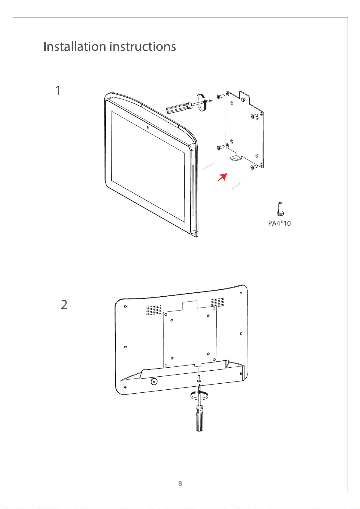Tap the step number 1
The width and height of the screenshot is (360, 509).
[58, 90]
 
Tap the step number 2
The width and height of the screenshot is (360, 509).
[64, 304]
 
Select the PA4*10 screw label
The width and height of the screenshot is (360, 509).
[279, 223]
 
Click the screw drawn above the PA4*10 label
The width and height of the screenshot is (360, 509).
[280, 208]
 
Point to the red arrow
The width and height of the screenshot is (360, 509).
[222, 177]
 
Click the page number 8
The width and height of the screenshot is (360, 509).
[180, 484]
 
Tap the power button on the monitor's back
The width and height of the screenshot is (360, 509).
[154, 382]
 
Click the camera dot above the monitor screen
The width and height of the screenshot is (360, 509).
[148, 127]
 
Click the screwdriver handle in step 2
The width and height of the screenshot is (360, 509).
[200, 418]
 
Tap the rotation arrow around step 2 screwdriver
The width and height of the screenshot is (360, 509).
[199, 395]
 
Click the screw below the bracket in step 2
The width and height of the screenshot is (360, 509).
[199, 379]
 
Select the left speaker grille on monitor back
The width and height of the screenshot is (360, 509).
[154, 310]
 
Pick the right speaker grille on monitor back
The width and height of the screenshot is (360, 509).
[217, 302]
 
